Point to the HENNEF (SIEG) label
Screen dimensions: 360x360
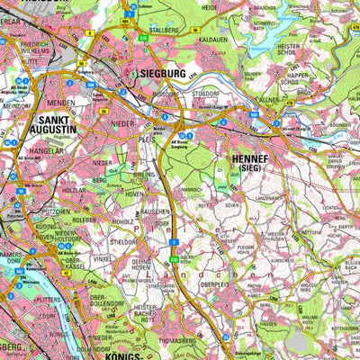click(237, 162)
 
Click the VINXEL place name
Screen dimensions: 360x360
click(103, 258)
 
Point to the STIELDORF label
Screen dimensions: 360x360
click(124, 241)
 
